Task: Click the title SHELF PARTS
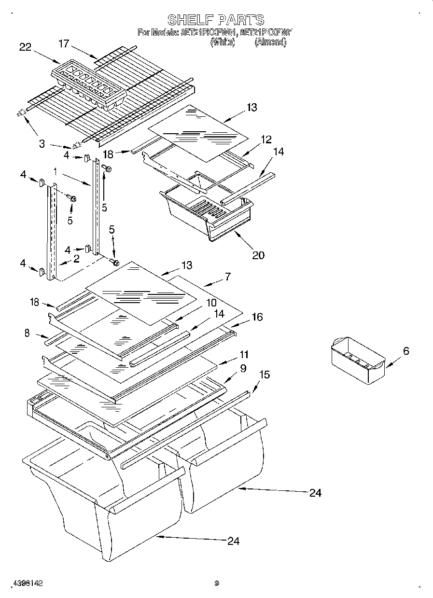(216, 20)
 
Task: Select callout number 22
(25, 47)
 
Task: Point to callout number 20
(258, 255)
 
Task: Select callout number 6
(405, 351)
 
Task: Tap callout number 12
(266, 139)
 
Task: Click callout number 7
(227, 277)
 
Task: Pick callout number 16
(257, 317)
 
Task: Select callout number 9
(243, 368)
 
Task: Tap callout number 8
(27, 333)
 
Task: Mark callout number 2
(76, 259)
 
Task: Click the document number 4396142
(28, 583)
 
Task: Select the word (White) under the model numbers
(223, 42)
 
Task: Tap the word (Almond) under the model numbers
(270, 42)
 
